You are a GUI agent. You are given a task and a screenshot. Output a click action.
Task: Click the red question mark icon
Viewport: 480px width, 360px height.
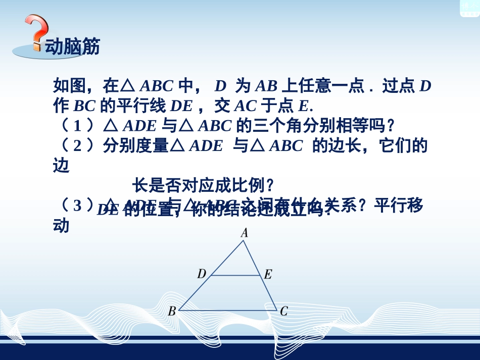(x=37, y=32)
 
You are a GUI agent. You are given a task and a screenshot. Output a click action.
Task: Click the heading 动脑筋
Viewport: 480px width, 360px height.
(x=72, y=47)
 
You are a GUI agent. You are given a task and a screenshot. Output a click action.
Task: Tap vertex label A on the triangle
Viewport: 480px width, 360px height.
(x=244, y=232)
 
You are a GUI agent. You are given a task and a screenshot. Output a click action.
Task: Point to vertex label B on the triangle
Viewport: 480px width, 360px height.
(x=172, y=311)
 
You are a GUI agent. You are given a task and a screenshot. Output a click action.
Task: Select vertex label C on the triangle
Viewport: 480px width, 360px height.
(x=283, y=311)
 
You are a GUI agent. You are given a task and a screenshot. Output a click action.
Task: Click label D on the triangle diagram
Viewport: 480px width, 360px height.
(x=202, y=274)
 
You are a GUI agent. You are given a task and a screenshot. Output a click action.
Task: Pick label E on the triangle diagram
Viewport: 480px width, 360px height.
(x=268, y=274)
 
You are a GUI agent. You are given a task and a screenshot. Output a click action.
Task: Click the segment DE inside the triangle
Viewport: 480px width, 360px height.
(x=235, y=276)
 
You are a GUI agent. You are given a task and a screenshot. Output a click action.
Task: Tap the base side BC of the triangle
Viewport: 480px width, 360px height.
(x=227, y=310)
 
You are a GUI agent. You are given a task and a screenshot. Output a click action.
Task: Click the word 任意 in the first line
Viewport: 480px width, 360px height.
(x=314, y=86)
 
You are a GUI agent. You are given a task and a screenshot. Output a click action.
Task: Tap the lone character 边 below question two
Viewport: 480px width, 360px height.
(x=61, y=166)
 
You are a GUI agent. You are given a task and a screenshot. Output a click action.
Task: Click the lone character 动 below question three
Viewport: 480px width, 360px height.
(x=61, y=226)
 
